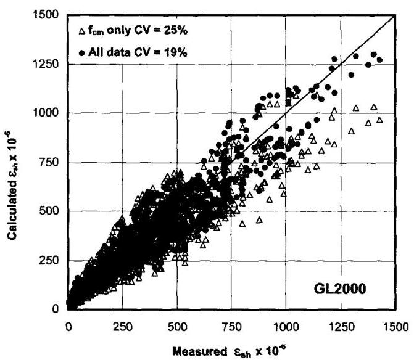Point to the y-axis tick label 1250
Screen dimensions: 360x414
[x=47, y=64]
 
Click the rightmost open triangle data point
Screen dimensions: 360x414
[x=380, y=120]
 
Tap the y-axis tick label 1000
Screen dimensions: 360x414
[x=47, y=113]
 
